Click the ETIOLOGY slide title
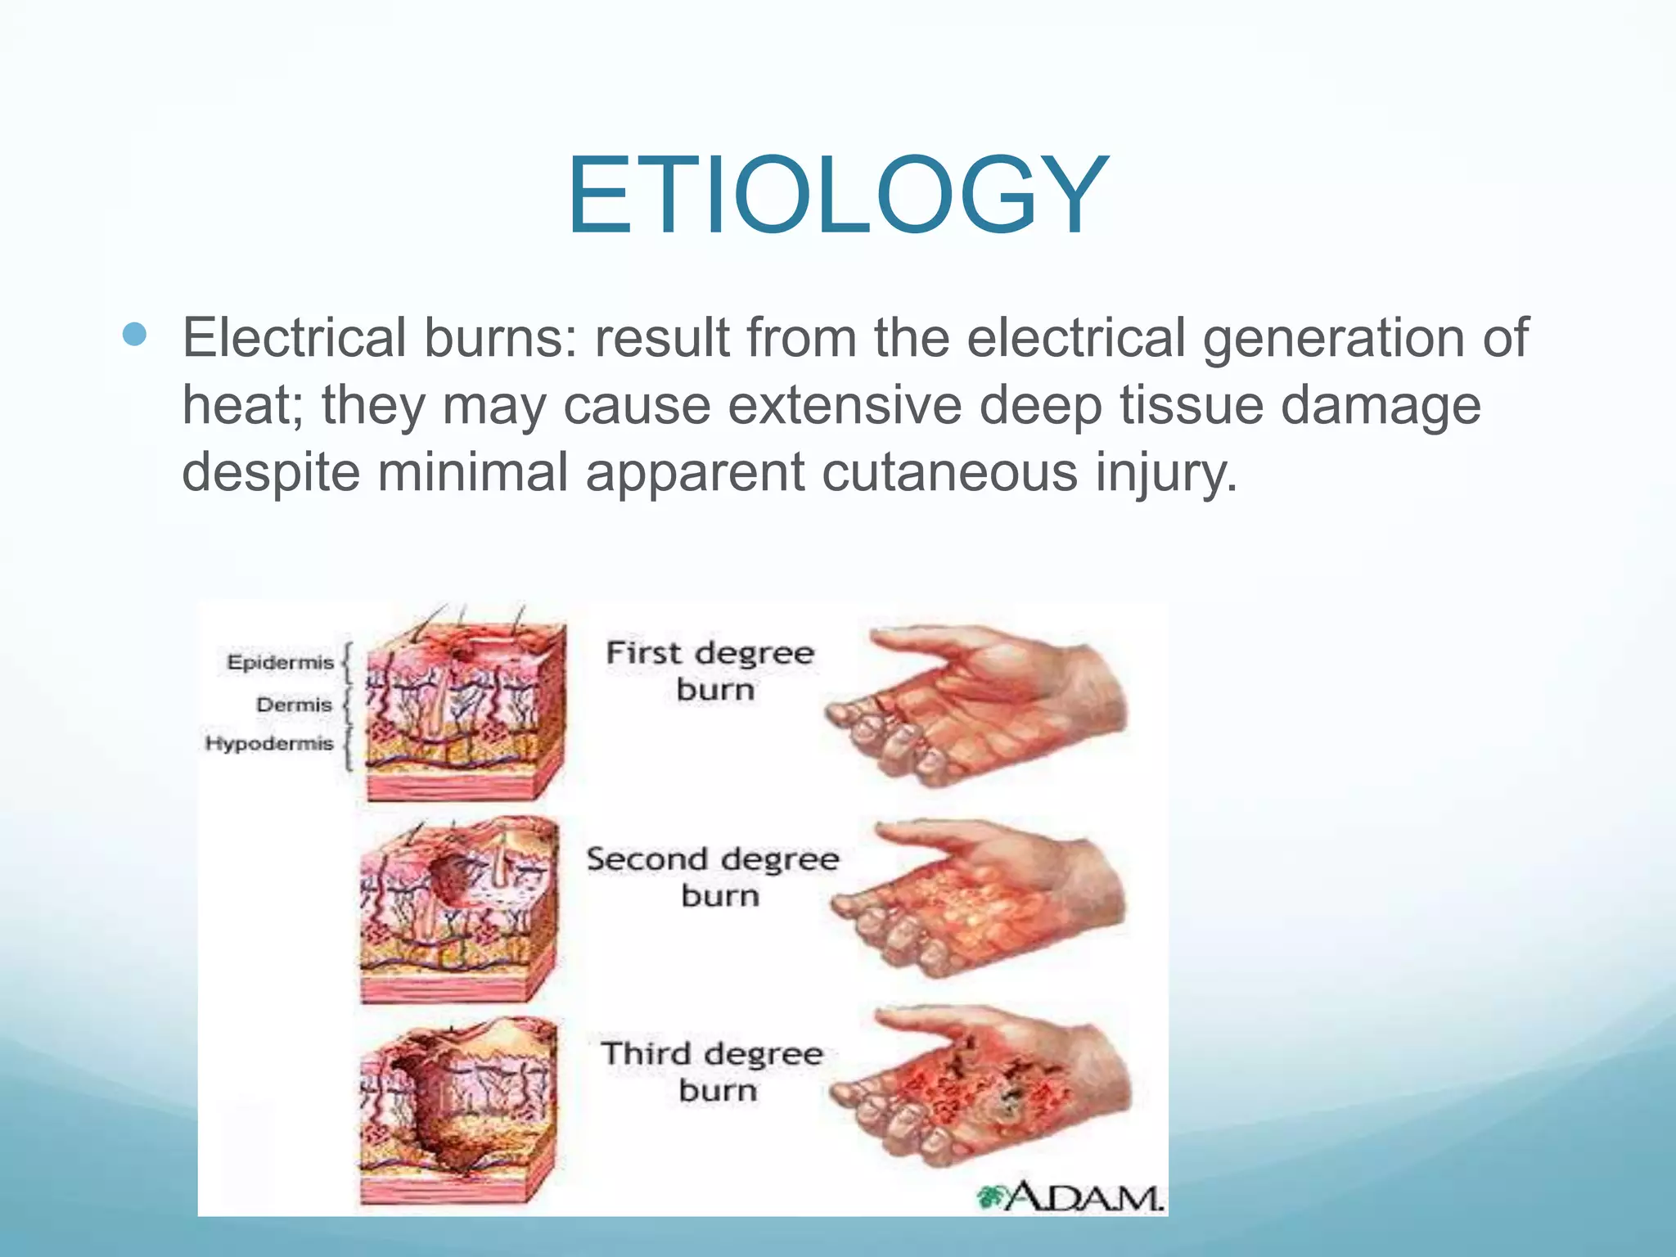836,196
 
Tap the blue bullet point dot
133,334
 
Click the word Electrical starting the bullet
294,337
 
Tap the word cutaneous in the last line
949,472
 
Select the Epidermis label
280,662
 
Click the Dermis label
294,705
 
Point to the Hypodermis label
269,743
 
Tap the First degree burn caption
710,671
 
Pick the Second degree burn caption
713,877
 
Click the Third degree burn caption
712,1072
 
